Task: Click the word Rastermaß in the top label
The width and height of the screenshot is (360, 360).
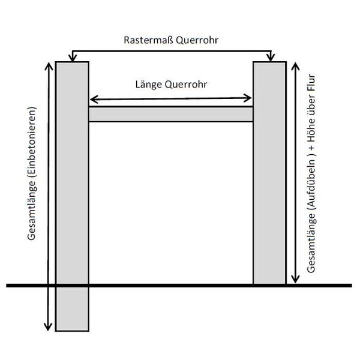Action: click(149, 40)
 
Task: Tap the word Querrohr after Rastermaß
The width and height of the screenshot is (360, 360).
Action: click(197, 41)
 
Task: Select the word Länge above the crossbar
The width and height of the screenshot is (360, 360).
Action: click(149, 84)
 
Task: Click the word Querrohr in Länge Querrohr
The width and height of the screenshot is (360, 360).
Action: click(186, 85)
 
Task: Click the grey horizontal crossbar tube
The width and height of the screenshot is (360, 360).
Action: click(171, 114)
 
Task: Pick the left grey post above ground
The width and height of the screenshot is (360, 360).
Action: click(72, 173)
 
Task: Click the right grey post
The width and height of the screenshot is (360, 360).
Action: click(270, 173)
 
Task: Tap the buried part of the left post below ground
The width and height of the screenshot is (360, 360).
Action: click(72, 309)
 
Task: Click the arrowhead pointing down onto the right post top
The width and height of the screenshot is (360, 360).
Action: click(271, 58)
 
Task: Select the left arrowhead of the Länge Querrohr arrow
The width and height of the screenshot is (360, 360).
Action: click(94, 100)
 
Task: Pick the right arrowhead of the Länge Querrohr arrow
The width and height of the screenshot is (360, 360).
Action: click(247, 98)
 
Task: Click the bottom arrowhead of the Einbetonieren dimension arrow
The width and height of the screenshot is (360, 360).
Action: click(48, 327)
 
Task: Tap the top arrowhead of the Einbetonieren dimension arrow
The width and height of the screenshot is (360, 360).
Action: click(49, 66)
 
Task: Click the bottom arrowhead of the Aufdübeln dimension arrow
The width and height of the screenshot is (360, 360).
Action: click(295, 280)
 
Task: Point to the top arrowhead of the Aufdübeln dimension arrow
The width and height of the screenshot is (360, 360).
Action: click(295, 66)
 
